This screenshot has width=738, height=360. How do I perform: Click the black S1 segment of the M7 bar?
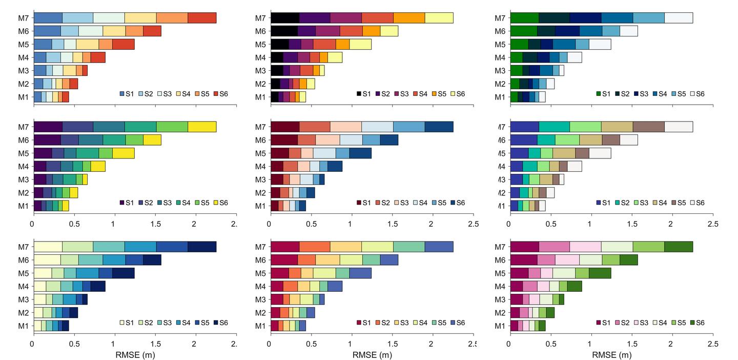(x=285, y=18)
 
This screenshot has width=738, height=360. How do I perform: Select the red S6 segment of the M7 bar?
(x=202, y=18)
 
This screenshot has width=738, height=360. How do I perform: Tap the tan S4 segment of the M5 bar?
(x=564, y=153)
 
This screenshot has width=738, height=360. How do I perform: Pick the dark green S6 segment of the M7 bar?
(x=679, y=247)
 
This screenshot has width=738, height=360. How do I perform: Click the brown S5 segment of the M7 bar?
(x=648, y=127)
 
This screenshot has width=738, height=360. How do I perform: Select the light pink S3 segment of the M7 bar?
(x=585, y=247)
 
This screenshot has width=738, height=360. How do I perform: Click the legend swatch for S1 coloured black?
(x=360, y=94)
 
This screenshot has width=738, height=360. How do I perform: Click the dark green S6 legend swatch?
(x=693, y=323)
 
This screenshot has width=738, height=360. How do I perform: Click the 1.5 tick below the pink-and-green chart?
(x=590, y=344)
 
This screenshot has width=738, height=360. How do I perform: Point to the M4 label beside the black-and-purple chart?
(x=261, y=57)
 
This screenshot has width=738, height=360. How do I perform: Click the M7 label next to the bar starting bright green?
(x=501, y=18)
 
